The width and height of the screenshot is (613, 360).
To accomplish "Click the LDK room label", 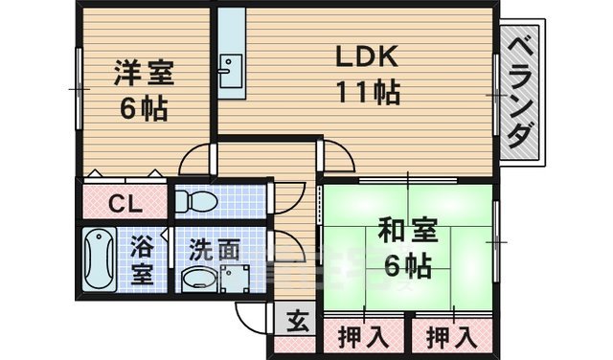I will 366,56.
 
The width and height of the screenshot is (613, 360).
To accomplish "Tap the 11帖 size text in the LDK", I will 366,93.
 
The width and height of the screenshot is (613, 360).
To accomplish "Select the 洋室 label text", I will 144,74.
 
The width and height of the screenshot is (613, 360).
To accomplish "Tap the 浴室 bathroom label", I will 142,259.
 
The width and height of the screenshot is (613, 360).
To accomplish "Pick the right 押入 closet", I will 449,337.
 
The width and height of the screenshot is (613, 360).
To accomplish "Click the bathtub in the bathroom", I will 100,259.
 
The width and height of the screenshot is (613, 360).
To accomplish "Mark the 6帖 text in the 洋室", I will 144,108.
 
